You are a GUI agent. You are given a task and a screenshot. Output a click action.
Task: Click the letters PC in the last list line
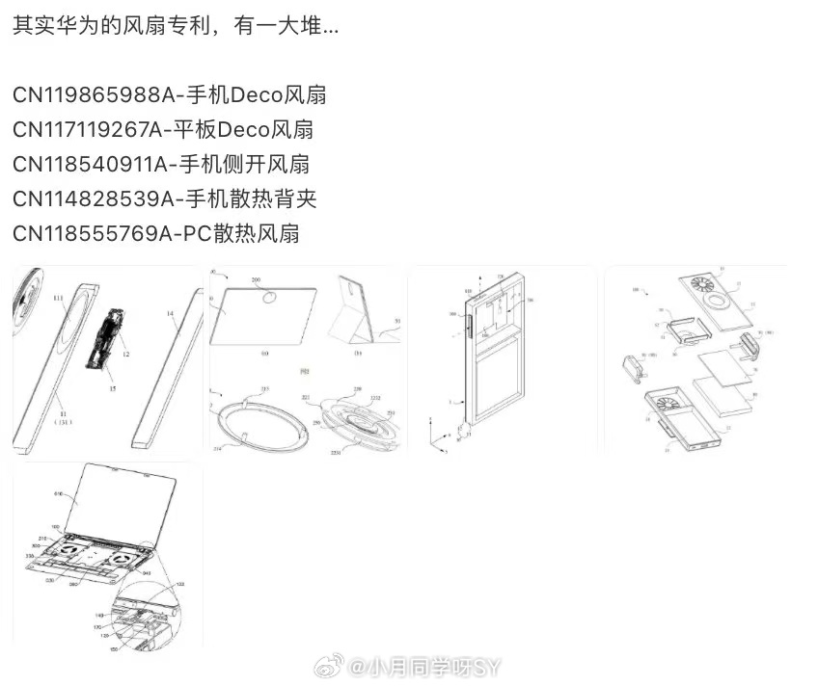193,232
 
